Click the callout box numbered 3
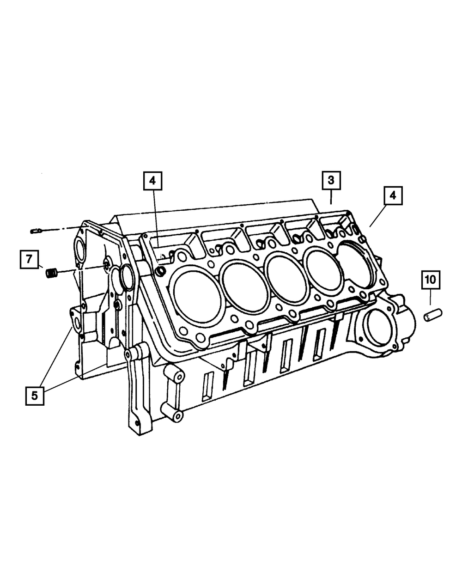331,180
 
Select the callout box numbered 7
29,259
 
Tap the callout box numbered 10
431,280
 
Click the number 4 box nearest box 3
393,195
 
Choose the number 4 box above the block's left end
152,181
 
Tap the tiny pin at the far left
36,231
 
